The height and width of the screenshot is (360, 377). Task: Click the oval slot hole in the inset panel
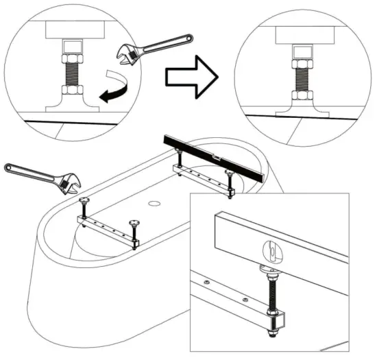271,252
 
